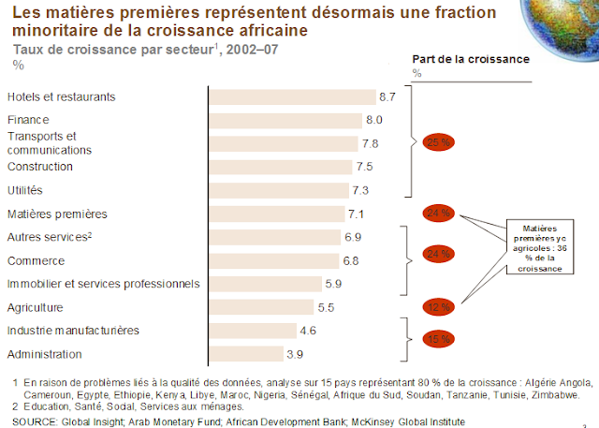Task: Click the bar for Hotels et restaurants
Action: click(x=290, y=96)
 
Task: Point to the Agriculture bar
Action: click(x=260, y=307)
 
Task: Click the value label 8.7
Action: click(x=388, y=96)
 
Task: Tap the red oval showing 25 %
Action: click(x=438, y=143)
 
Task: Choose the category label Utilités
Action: click(x=26, y=190)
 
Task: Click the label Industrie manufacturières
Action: click(x=73, y=331)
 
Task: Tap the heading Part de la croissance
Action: click(x=470, y=58)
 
